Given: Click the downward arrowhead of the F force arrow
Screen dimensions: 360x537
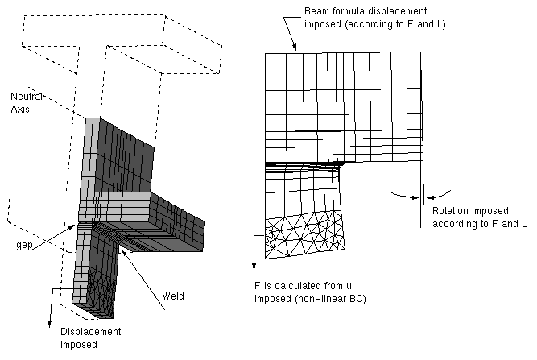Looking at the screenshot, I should click(x=255, y=265).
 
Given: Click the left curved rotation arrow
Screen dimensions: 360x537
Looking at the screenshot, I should click(x=400, y=193).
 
